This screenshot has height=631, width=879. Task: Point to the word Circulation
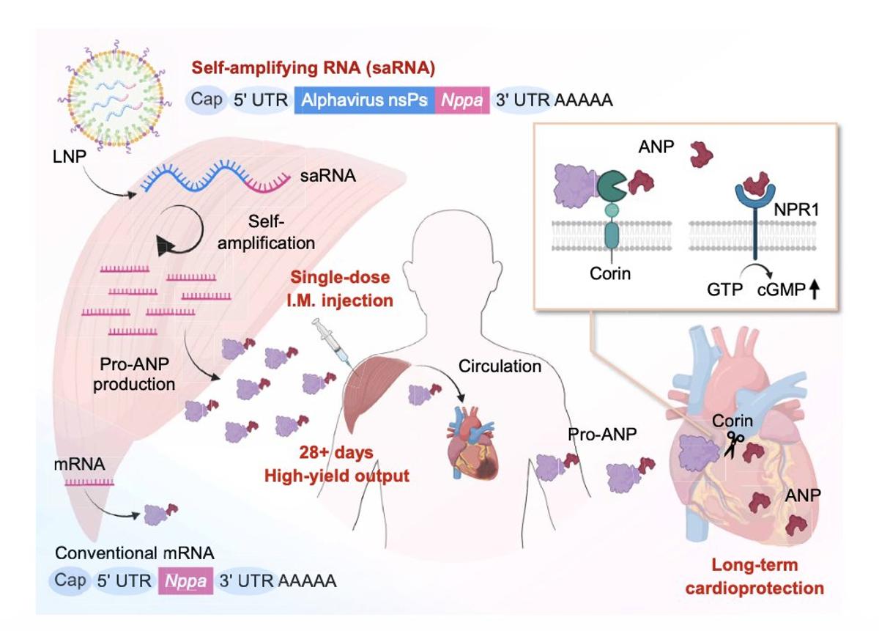500,365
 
